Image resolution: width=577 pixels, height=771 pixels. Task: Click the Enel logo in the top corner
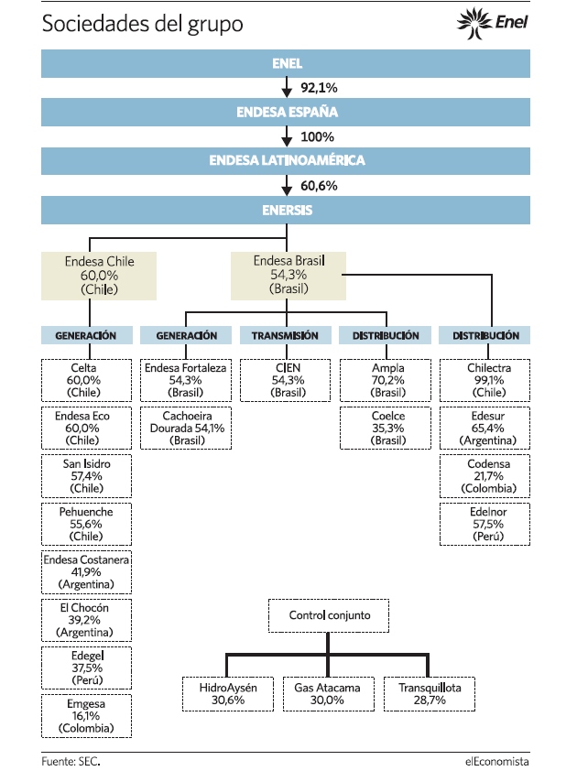coord(493,23)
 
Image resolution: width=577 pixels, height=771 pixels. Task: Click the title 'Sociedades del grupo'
coord(143,24)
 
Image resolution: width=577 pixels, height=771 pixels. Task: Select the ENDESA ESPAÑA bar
coord(286,112)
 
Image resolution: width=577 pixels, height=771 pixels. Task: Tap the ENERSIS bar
coord(286,211)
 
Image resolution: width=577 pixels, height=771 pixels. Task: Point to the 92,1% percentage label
coord(319,88)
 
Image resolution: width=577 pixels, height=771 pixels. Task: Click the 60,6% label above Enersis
coord(319,186)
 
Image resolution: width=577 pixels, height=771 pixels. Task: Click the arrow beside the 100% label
coord(287,136)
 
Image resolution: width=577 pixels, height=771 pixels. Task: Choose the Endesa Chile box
coord(99,276)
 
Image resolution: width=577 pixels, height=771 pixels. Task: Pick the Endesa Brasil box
coord(288,276)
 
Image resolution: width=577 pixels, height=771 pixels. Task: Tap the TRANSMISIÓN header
coord(286,335)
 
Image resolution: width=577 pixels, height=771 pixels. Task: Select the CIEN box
coord(286,380)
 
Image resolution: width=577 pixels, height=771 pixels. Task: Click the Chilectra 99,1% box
coord(485,380)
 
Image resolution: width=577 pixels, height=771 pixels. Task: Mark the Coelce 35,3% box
coord(386,428)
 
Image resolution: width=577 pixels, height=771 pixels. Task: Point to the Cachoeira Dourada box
coord(186,428)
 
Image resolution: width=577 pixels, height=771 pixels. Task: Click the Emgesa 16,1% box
coord(87,716)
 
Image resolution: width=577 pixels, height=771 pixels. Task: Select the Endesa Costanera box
coord(87,572)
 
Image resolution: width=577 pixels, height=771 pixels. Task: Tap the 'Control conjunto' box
coord(329,615)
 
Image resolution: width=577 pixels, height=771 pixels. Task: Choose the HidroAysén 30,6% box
coord(228,694)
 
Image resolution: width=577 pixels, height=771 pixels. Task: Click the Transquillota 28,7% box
coord(430,694)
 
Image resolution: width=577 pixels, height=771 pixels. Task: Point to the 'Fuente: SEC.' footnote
coord(71,761)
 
